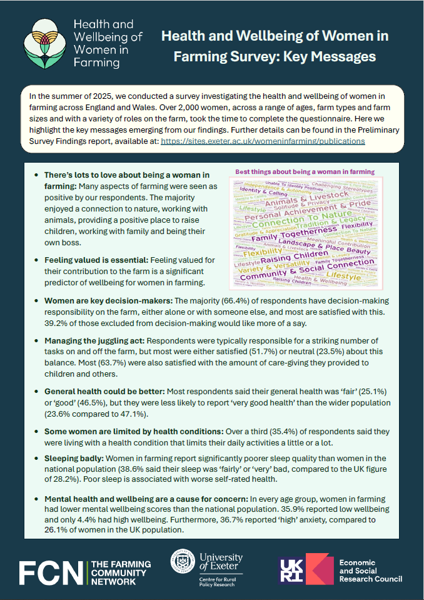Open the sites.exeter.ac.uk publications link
[x=263, y=141]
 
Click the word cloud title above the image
[x=305, y=171]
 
